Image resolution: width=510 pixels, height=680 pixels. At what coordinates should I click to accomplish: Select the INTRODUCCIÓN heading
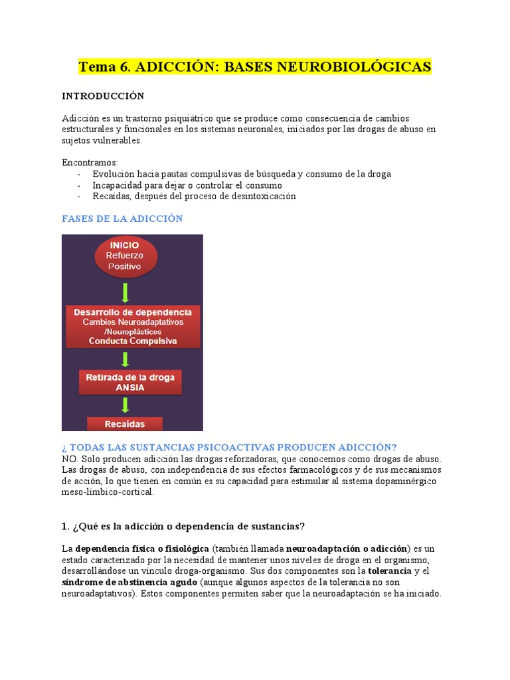[x=102, y=96]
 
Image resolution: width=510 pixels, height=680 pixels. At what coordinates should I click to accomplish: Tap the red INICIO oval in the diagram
[x=126, y=256]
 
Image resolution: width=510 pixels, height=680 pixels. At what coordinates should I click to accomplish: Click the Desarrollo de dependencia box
[x=133, y=327]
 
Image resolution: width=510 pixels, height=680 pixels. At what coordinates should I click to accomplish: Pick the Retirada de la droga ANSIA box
[x=130, y=382]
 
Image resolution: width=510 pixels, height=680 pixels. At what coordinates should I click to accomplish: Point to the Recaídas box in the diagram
[x=125, y=424]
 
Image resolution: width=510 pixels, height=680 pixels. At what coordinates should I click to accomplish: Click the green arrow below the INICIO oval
[x=126, y=292]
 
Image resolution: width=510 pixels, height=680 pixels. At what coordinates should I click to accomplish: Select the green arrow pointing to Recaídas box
[x=126, y=406]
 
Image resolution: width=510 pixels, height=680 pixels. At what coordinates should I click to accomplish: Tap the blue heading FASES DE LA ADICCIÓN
[x=122, y=218]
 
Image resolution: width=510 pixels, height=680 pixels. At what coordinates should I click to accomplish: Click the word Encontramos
[x=89, y=163]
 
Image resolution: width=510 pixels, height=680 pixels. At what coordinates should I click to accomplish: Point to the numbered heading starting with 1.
[x=183, y=527]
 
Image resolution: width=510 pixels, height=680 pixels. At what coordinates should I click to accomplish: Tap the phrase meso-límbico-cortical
[x=107, y=492]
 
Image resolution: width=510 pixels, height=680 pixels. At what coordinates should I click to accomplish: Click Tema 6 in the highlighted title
[x=102, y=67]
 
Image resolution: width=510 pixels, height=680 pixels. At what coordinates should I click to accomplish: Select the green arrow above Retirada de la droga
[x=126, y=359]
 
